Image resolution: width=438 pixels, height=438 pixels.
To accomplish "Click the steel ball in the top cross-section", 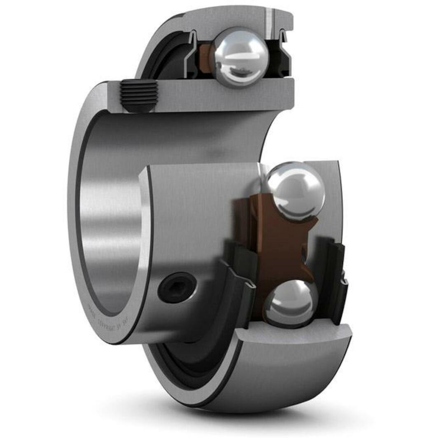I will click(240, 57).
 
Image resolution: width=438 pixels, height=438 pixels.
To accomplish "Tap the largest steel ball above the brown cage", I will click(295, 190).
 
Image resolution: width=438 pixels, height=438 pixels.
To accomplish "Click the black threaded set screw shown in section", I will click(139, 96).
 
